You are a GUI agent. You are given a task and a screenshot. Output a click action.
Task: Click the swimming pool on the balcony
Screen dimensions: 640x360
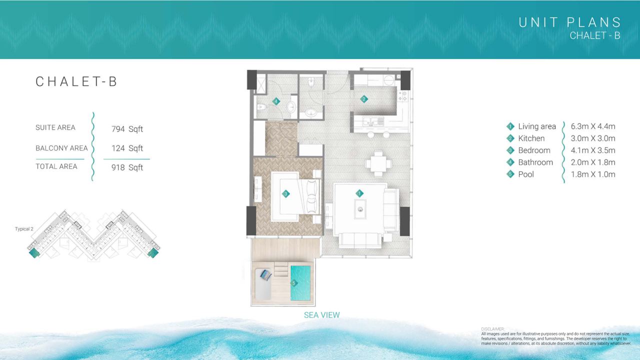pyautogui.click(x=300, y=283)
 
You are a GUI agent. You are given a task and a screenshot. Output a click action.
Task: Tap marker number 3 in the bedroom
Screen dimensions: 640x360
pyautogui.click(x=285, y=194)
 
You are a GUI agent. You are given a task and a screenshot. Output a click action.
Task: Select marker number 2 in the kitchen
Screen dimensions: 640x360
pyautogui.click(x=363, y=99)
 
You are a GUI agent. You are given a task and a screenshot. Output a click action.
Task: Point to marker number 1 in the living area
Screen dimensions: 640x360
pyautogui.click(x=359, y=193)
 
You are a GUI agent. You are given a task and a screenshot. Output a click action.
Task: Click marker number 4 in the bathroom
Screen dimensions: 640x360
pyautogui.click(x=276, y=101)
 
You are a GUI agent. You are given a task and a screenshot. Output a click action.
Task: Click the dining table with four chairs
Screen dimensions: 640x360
pyautogui.click(x=378, y=164)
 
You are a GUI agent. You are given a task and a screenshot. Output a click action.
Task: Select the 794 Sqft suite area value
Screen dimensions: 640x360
pyautogui.click(x=127, y=129)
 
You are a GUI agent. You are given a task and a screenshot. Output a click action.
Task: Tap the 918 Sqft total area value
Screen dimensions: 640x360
pyautogui.click(x=127, y=167)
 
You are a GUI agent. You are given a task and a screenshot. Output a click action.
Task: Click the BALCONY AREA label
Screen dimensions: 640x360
pyautogui.click(x=61, y=148)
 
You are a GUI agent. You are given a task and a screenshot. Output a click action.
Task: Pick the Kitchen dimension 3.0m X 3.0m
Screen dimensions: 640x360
pyautogui.click(x=593, y=138)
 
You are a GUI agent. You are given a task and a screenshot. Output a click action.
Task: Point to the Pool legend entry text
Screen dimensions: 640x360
pyautogui.click(x=526, y=174)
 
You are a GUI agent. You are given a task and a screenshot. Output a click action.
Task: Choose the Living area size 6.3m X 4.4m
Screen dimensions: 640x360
pyautogui.click(x=593, y=126)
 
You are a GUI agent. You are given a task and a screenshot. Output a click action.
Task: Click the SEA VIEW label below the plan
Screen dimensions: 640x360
pyautogui.click(x=321, y=315)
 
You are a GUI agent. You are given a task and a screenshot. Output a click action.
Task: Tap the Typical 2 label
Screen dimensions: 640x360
pyautogui.click(x=24, y=229)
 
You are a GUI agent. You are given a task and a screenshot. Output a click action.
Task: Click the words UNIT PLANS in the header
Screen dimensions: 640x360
pyautogui.click(x=569, y=22)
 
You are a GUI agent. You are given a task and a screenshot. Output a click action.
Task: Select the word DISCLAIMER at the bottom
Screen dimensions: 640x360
pyautogui.click(x=492, y=329)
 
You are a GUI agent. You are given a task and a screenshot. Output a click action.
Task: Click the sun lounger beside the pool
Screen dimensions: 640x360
pyautogui.click(x=263, y=284)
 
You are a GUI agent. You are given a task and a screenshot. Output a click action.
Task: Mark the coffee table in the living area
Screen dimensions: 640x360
pyautogui.click(x=360, y=209)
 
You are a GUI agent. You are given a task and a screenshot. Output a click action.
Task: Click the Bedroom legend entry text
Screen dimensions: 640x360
pyautogui.click(x=534, y=150)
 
